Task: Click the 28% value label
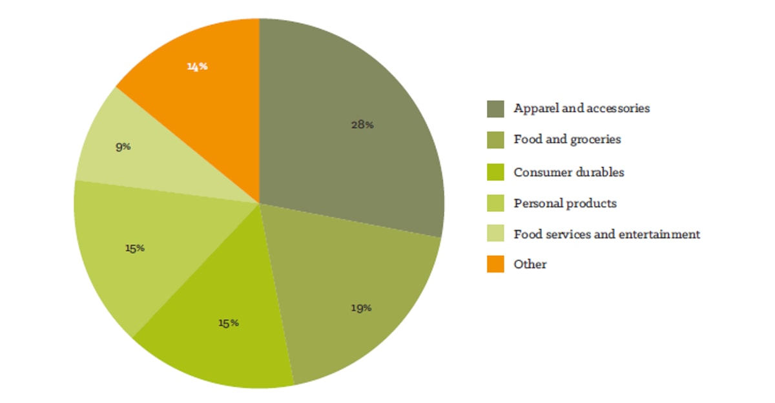[x=362, y=125]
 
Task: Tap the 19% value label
[x=360, y=308]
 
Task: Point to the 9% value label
[x=123, y=147]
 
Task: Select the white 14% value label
[x=197, y=66]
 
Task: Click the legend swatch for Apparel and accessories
[x=495, y=108]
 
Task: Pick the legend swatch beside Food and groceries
[x=495, y=139]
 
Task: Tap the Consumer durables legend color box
[x=495, y=172]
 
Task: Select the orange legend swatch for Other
[x=495, y=264]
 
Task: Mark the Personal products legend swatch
[x=495, y=203]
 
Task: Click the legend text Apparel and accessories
[x=581, y=108]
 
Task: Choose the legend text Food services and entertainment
[x=606, y=234]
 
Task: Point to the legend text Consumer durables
[x=569, y=172]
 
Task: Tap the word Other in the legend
[x=530, y=264]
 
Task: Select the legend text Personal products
[x=565, y=203]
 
